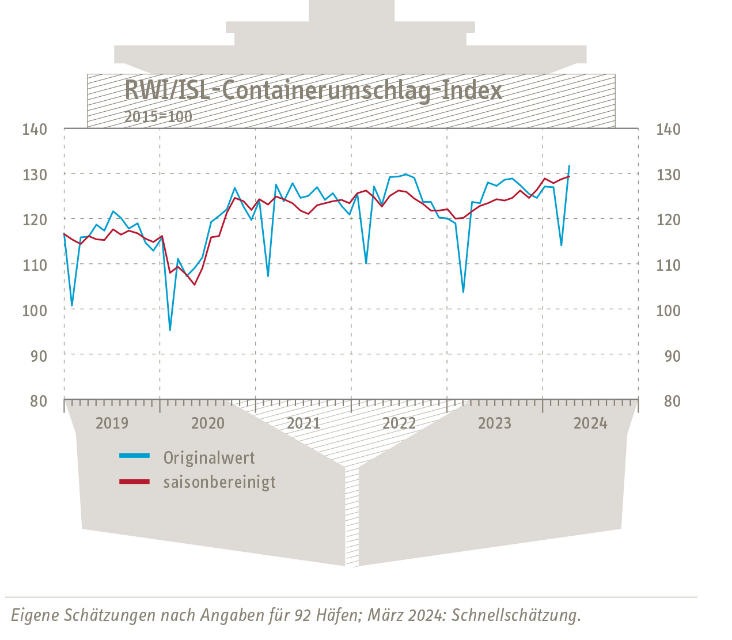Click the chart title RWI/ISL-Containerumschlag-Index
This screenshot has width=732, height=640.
[313, 90]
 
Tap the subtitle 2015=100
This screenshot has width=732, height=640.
[158, 116]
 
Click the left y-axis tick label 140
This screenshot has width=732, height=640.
[35, 129]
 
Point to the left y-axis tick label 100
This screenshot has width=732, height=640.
[35, 310]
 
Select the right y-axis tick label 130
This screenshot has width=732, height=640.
[668, 175]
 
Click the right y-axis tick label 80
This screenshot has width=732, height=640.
[672, 401]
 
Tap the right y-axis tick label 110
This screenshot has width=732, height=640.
[668, 265]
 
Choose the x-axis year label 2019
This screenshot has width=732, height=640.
[112, 423]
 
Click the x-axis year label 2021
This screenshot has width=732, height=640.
[304, 423]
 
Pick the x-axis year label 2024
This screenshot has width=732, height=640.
[590, 423]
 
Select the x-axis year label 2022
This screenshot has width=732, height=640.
[399, 423]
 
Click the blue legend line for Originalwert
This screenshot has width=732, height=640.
[134, 456]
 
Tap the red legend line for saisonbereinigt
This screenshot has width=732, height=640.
[134, 481]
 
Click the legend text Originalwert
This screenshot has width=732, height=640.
[209, 458]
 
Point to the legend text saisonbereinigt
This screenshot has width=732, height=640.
[219, 482]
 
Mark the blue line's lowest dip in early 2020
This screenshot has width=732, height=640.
[170, 330]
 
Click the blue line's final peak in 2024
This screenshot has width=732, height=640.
[569, 166]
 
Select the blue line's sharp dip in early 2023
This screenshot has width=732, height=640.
[463, 292]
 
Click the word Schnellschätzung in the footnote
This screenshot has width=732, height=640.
[515, 615]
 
